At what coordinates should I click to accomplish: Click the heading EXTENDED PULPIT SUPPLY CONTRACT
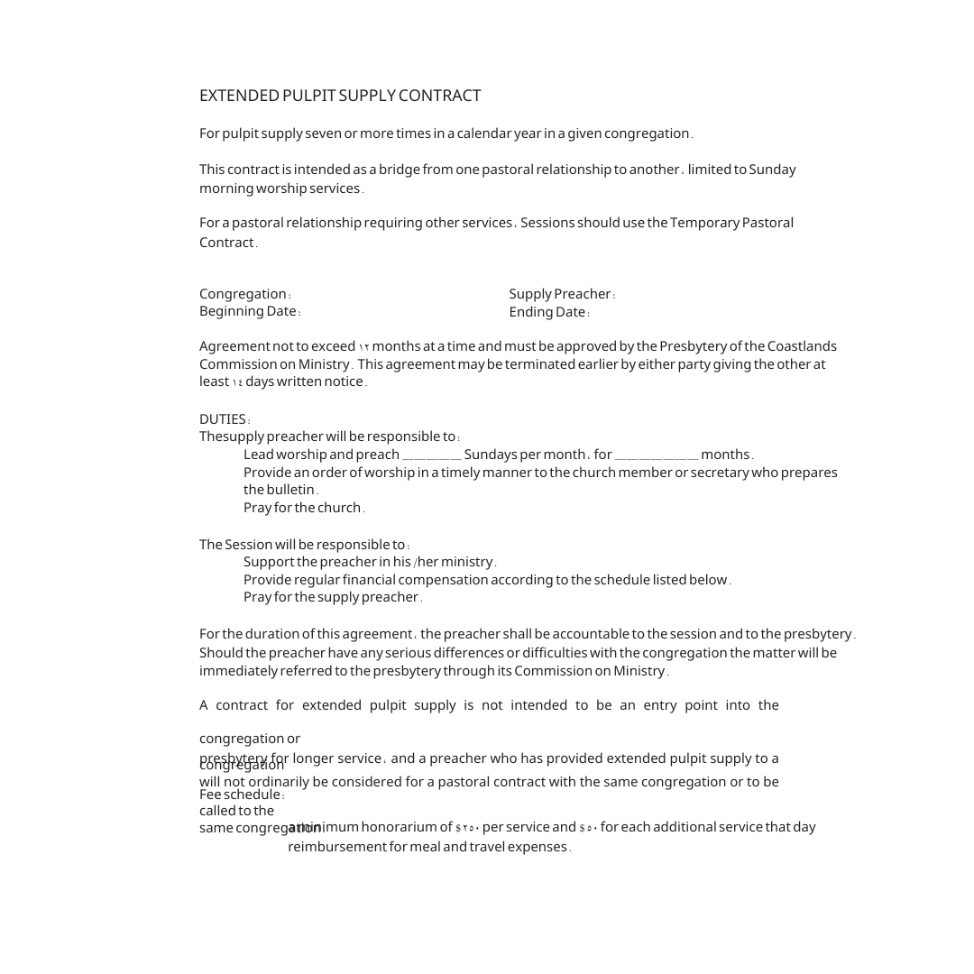pyautogui.click(x=340, y=96)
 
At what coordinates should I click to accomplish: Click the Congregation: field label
pyautogui.click(x=244, y=294)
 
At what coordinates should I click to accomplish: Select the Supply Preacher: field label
pyautogui.click(x=562, y=294)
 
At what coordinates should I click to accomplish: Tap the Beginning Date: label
pyautogui.click(x=250, y=311)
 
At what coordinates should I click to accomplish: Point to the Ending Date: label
pyautogui.click(x=549, y=312)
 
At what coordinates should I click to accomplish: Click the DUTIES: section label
pyautogui.click(x=225, y=419)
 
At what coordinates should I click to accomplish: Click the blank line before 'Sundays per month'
pyautogui.click(x=431, y=455)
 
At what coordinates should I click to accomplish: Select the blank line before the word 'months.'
pyautogui.click(x=656, y=455)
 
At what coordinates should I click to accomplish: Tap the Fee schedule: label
pyautogui.click(x=242, y=795)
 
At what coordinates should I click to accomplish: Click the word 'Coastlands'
pyautogui.click(x=802, y=346)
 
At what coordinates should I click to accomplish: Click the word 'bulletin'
pyautogui.click(x=289, y=490)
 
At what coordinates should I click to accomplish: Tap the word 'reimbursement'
pyautogui.click(x=337, y=847)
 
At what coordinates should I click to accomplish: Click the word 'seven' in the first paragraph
pyautogui.click(x=323, y=133)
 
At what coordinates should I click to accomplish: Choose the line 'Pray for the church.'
pyautogui.click(x=304, y=508)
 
